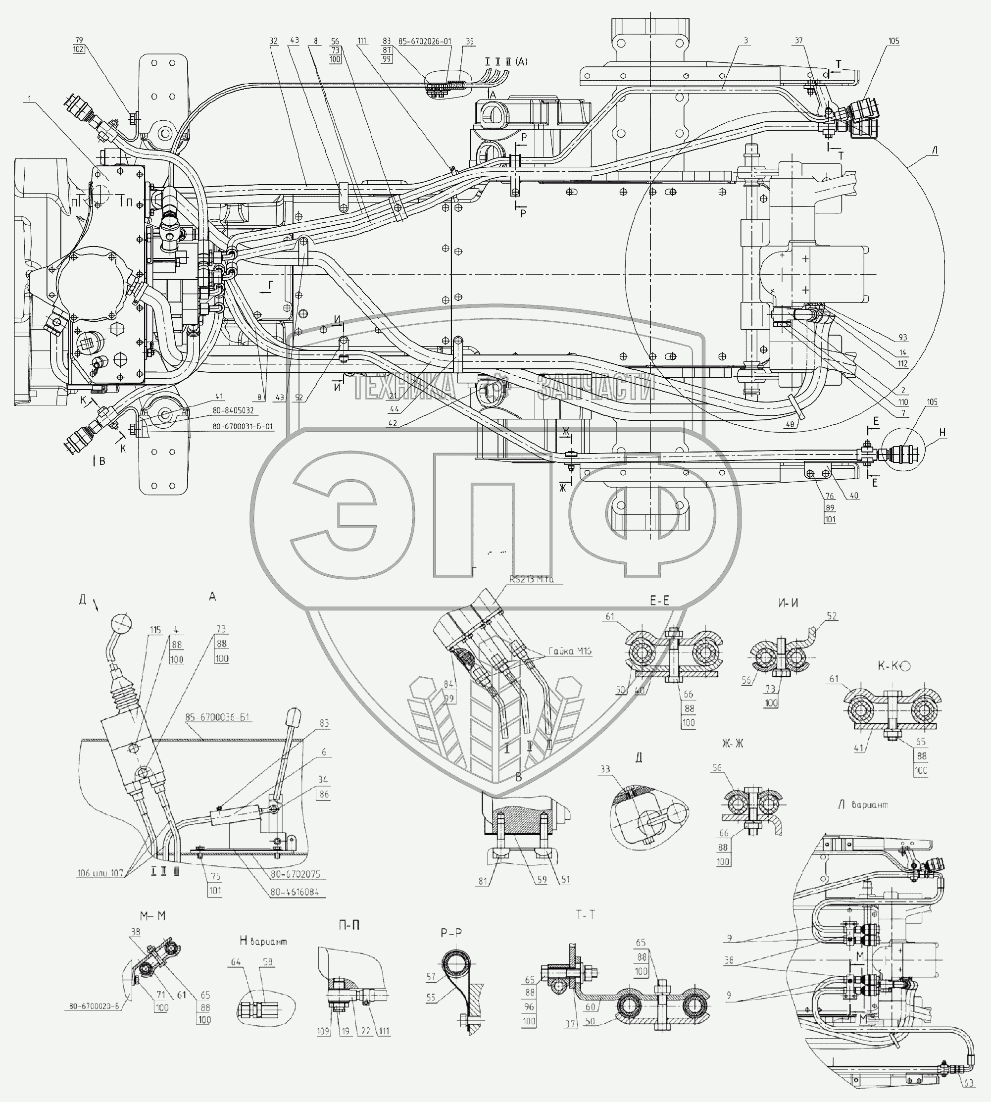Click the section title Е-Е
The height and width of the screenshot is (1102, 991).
coord(659,601)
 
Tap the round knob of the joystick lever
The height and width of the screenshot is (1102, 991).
coord(121,622)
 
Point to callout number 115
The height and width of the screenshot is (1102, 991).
coord(156,630)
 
